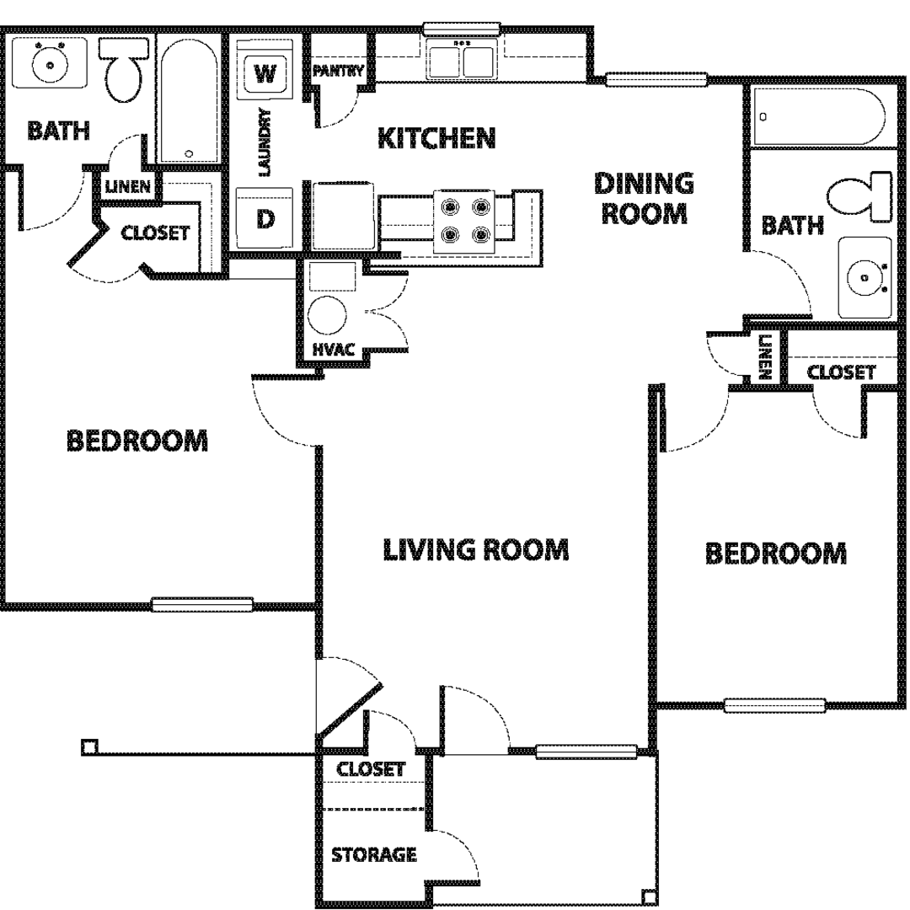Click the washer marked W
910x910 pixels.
[265, 73]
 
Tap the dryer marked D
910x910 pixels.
[265, 219]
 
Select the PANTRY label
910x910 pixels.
[339, 71]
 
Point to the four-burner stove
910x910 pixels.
[464, 221]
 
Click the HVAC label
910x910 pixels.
[333, 350]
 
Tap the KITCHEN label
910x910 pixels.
[436, 138]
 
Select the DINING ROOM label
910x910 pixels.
[645, 198]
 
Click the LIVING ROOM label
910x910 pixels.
[476, 549]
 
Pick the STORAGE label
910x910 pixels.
[374, 854]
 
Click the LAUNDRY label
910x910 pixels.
[264, 142]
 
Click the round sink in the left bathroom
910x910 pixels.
[50, 64]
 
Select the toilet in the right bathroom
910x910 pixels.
[859, 196]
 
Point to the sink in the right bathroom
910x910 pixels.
[864, 277]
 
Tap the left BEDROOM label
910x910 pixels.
[137, 441]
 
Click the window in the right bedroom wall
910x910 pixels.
[775, 705]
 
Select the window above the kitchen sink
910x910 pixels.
[462, 29]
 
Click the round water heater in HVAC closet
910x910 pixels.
[327, 315]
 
